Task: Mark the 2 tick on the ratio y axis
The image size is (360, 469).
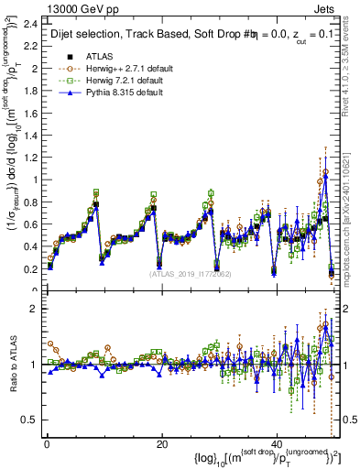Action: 34,309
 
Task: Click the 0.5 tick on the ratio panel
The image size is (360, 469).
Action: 30,420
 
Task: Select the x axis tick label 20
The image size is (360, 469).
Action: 161,444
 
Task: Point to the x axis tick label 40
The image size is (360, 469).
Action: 276,444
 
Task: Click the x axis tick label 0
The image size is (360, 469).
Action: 47,444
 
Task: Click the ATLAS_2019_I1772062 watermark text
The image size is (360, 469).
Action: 190,274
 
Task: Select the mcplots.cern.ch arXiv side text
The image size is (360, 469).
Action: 352,211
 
